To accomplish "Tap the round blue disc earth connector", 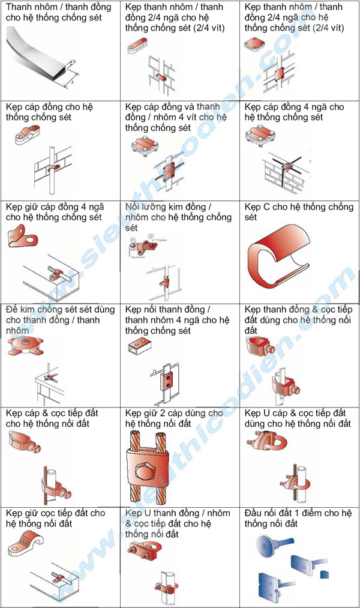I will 266,545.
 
